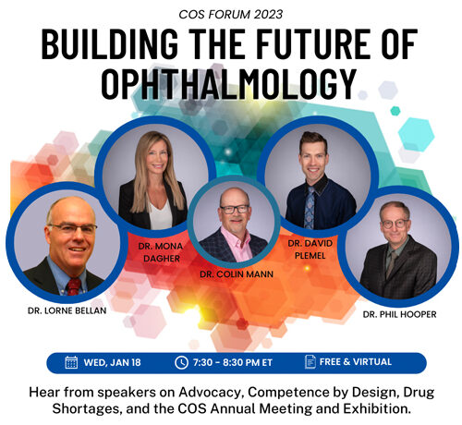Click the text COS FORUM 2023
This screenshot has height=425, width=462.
(230, 14)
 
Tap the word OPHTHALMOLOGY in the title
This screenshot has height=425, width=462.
(229, 84)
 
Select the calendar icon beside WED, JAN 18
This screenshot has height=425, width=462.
(71, 362)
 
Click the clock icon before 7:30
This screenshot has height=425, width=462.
(181, 362)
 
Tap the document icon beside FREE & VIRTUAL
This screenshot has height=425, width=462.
(310, 361)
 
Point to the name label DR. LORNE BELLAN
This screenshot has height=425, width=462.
(67, 310)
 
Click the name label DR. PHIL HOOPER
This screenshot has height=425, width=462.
(399, 314)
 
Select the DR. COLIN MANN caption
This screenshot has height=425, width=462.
(237, 274)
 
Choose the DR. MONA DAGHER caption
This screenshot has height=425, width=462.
(161, 252)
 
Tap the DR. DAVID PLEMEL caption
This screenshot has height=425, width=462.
(310, 249)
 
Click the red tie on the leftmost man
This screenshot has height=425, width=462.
(74, 286)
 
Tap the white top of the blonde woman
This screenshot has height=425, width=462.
(161, 214)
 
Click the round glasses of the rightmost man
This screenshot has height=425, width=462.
(395, 224)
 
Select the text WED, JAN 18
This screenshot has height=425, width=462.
(112, 362)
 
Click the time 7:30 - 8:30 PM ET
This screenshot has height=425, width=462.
(233, 362)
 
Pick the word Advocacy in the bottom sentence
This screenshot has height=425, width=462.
(211, 393)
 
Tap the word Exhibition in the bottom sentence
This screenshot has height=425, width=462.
(377, 409)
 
